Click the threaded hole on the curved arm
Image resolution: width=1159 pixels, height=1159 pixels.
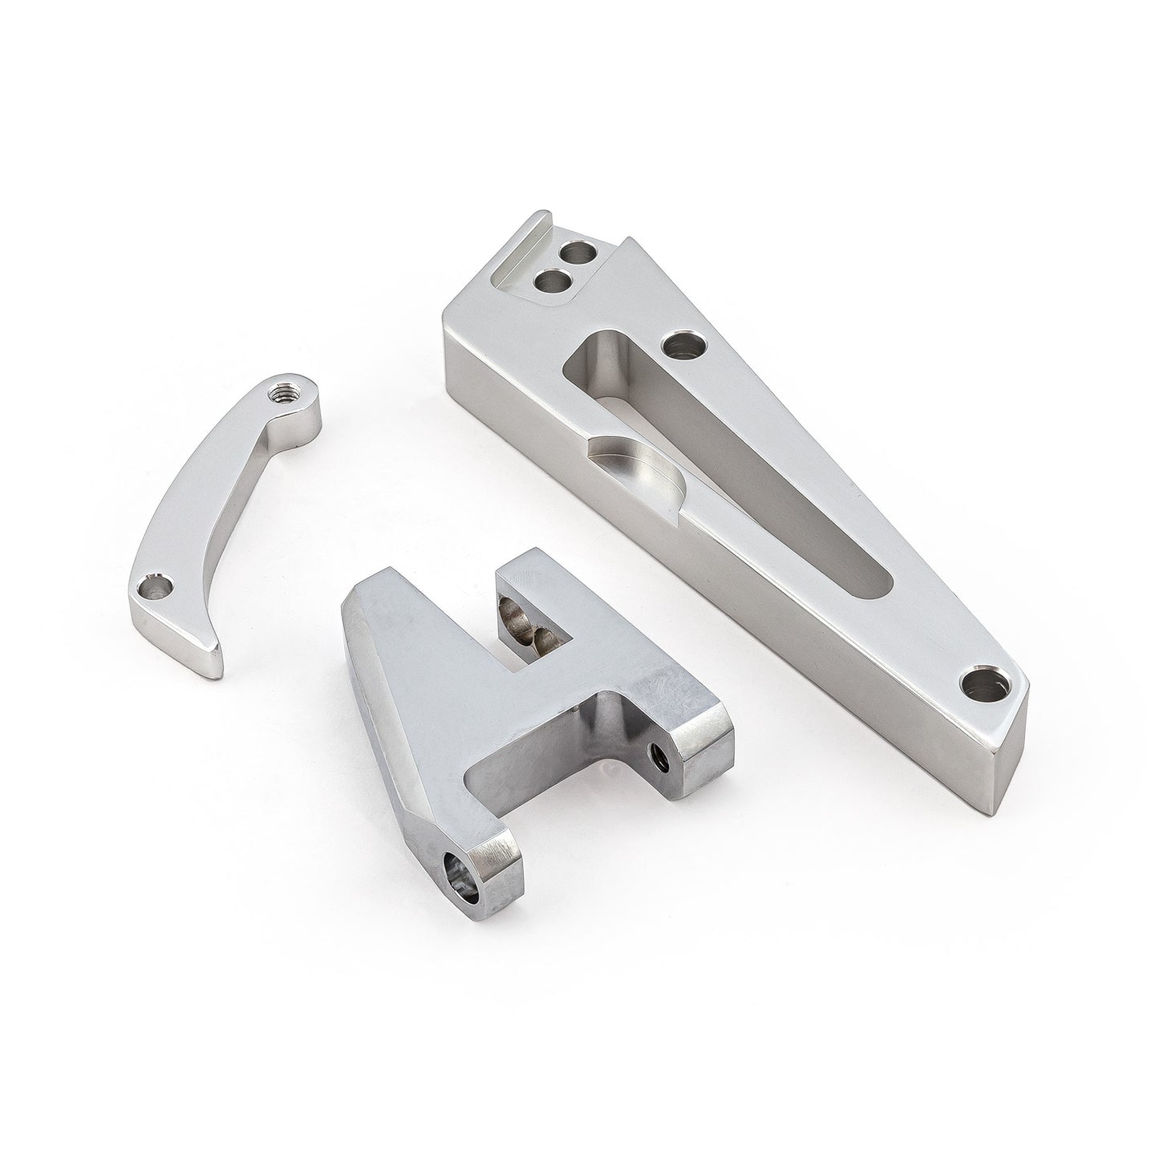(x=284, y=392)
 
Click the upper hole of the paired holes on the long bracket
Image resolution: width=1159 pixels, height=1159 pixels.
(x=579, y=254)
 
